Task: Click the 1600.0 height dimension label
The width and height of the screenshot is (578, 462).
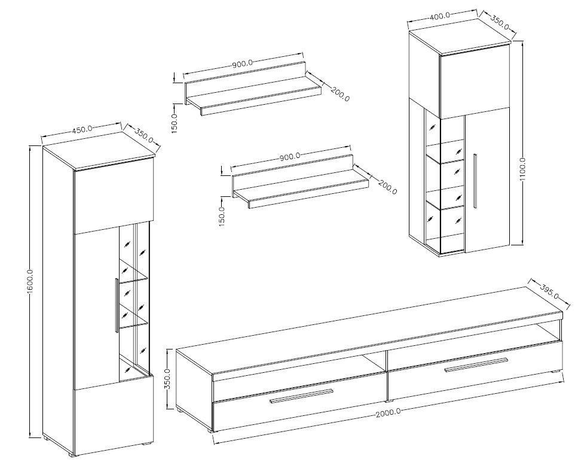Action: [x=30, y=281]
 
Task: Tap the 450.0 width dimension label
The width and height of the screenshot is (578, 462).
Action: [x=82, y=129]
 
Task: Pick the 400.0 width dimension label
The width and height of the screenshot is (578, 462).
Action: [x=440, y=16]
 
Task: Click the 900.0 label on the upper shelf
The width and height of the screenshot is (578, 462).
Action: [x=242, y=63]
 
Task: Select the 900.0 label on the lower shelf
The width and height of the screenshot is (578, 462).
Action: [x=290, y=156]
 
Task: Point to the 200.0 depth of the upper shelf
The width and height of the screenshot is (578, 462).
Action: [x=340, y=94]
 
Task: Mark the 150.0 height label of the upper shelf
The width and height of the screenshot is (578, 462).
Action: [x=175, y=123]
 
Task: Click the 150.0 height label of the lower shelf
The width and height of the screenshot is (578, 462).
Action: [x=222, y=216]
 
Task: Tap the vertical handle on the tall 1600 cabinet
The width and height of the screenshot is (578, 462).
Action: [x=117, y=306]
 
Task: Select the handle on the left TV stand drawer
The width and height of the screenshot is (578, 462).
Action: [x=301, y=396]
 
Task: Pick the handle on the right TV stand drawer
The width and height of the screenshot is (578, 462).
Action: [x=476, y=365]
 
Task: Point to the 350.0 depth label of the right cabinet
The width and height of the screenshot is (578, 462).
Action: [x=500, y=23]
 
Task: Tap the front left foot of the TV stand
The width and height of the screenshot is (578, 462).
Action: [x=210, y=430]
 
